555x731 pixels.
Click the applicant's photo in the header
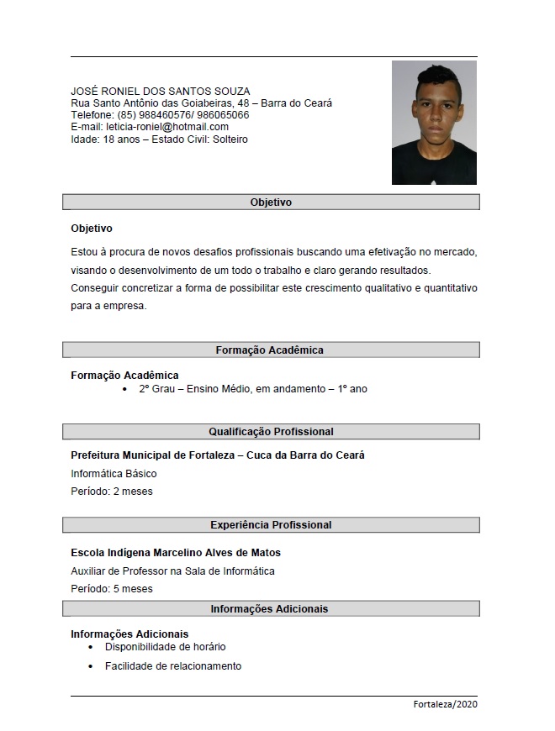pos(434,123)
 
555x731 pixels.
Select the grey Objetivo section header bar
pos(271,202)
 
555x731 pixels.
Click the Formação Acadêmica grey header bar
pos(271,350)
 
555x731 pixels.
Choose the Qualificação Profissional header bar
pos(271,431)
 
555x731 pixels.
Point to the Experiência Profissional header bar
pos(271,524)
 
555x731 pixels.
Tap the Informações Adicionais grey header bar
pos(271,608)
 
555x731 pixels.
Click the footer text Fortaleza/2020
pos(445,704)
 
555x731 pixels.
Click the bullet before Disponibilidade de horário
pos(91,648)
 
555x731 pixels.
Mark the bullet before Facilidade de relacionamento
pos(91,666)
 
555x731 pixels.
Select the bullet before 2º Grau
pos(124,390)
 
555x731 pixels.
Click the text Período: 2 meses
pos(112,492)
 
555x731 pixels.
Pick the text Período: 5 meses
pos(112,589)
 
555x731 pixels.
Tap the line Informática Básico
pos(114,474)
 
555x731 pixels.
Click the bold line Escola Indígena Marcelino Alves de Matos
pos(176,553)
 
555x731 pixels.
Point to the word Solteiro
pos(230,139)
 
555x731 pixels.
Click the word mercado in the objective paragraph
pos(456,251)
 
